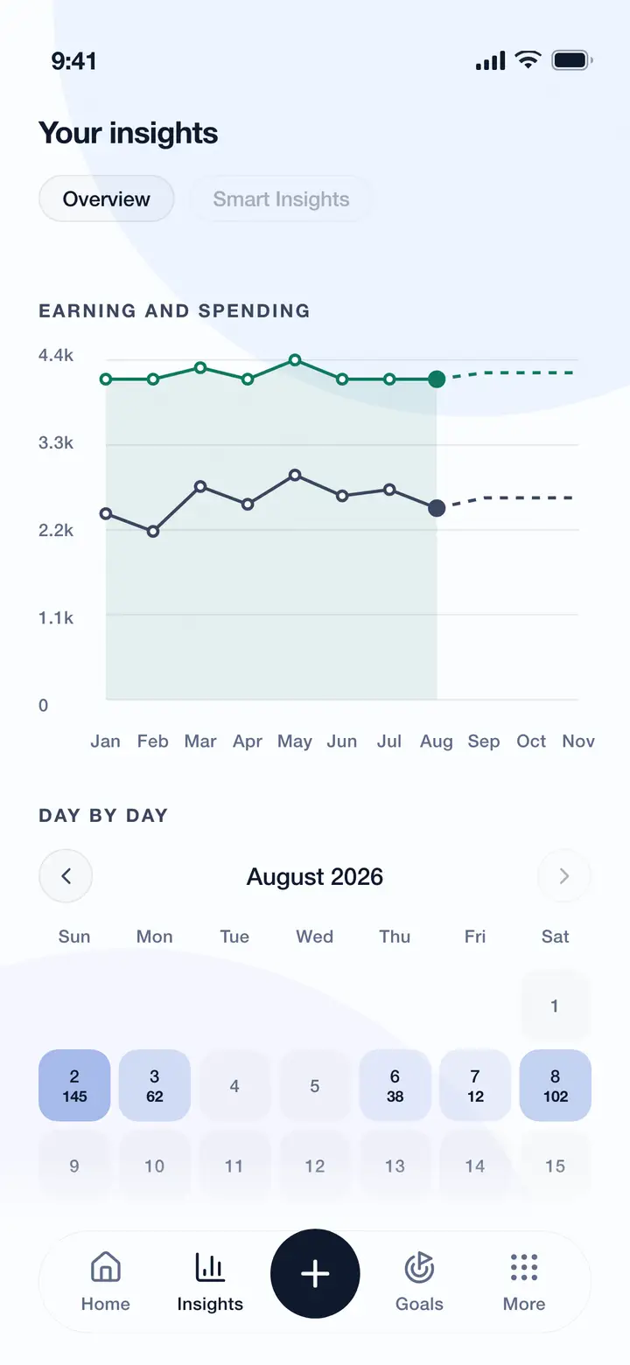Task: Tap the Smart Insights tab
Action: click(x=281, y=198)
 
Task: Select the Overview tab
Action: click(x=106, y=198)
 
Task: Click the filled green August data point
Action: click(x=437, y=379)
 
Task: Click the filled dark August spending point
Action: click(x=437, y=507)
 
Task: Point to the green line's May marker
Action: click(x=295, y=360)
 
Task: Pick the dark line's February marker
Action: click(x=153, y=532)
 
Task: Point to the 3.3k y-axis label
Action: click(x=55, y=442)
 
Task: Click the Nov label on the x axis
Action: click(x=578, y=741)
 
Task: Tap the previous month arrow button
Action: click(x=66, y=875)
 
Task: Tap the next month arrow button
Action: click(x=564, y=875)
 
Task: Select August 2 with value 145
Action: click(x=74, y=1085)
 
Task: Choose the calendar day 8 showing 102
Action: click(x=555, y=1085)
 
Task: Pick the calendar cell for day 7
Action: click(x=475, y=1085)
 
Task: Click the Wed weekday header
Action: click(x=315, y=936)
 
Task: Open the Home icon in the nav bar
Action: click(x=106, y=1268)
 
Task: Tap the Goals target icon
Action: click(x=420, y=1268)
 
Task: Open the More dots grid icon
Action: click(x=524, y=1268)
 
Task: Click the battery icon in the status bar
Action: click(x=572, y=60)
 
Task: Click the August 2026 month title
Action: click(x=315, y=876)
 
